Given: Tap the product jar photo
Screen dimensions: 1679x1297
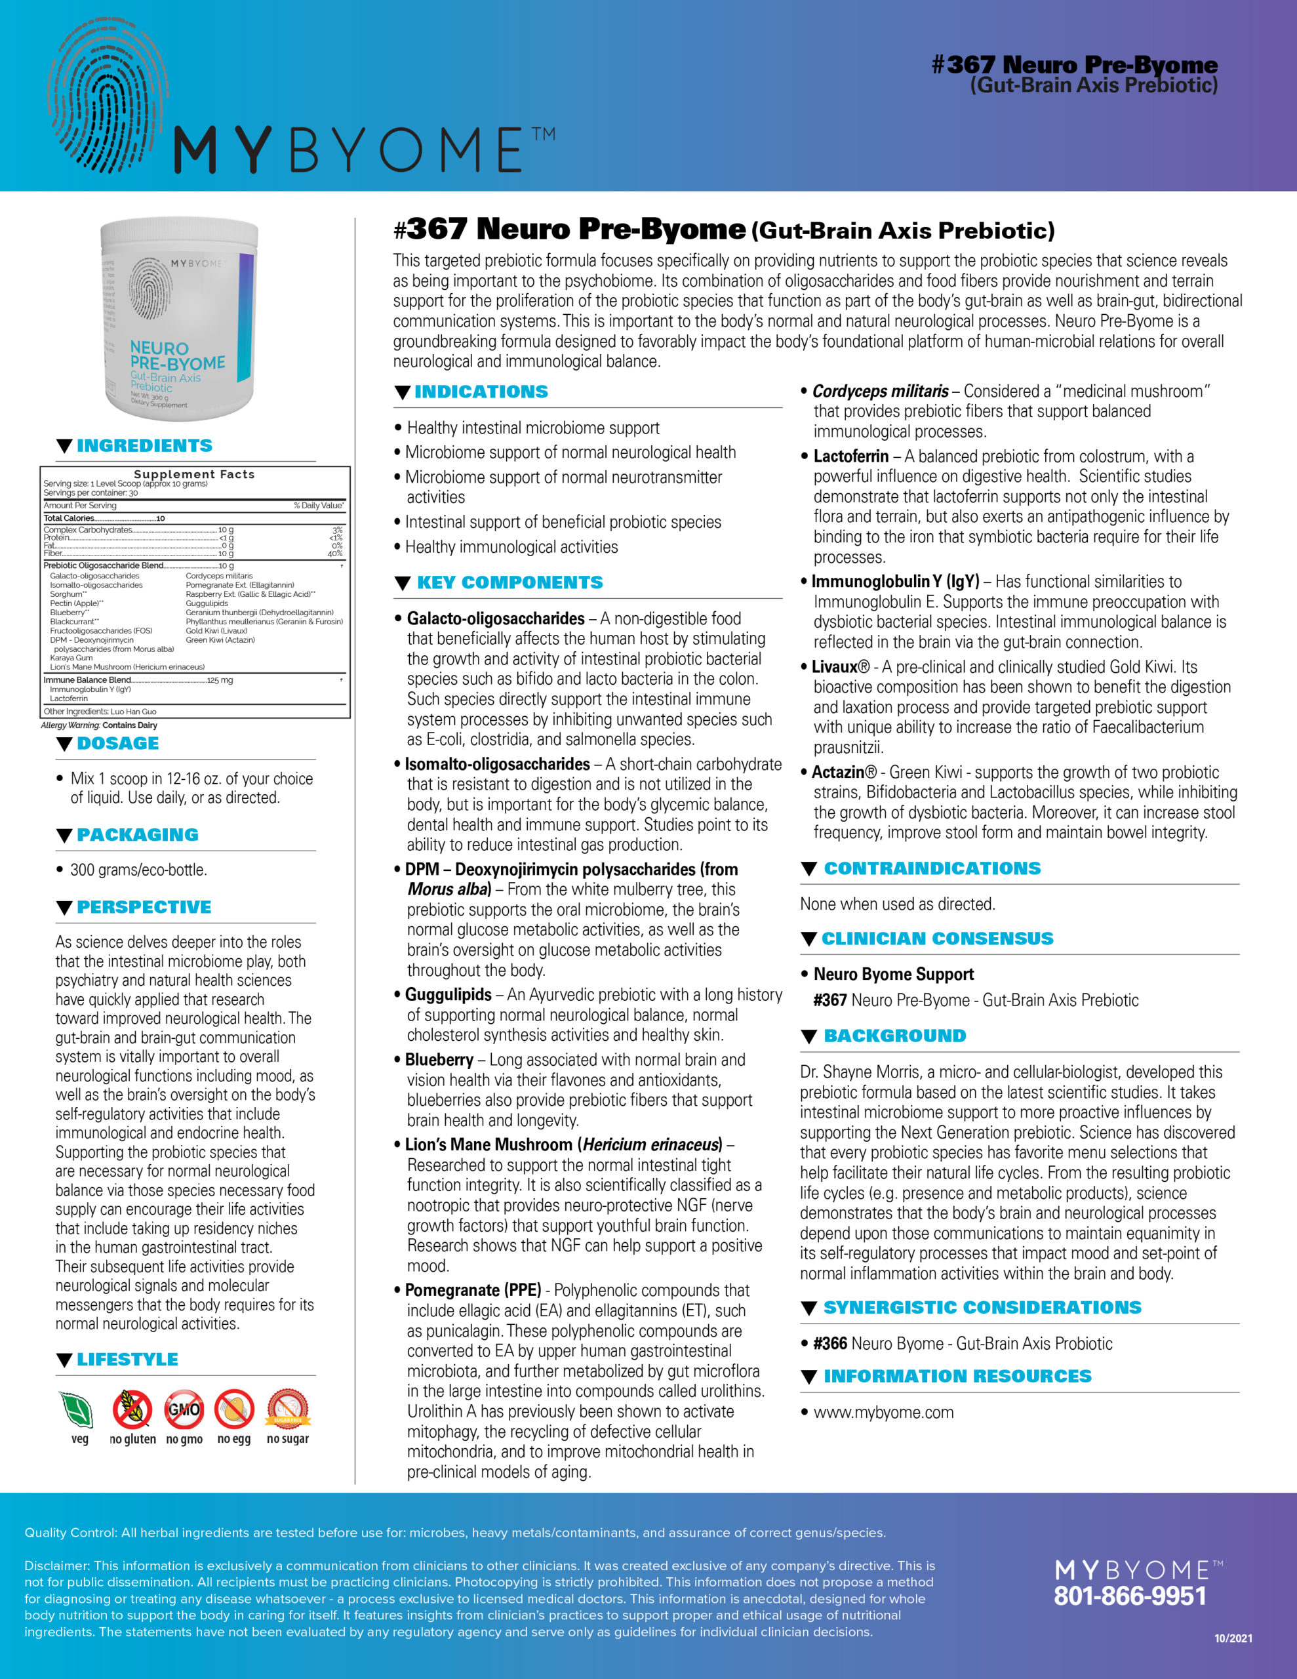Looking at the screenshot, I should [x=178, y=318].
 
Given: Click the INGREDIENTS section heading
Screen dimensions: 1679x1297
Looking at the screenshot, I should [x=144, y=446].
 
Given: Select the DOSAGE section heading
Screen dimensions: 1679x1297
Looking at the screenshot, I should [x=117, y=743].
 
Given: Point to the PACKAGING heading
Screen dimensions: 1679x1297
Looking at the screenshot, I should [x=138, y=835].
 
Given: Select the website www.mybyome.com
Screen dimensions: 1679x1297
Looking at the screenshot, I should [x=883, y=1412].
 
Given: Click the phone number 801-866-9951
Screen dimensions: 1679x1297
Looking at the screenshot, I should [x=1129, y=1597].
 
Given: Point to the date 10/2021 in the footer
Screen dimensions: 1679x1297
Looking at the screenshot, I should [x=1233, y=1638].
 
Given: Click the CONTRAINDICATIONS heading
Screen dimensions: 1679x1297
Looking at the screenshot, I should [x=932, y=869].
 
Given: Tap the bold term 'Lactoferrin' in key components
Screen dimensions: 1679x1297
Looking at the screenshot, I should [x=850, y=456].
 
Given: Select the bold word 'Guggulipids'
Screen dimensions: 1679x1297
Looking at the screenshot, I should [x=449, y=995].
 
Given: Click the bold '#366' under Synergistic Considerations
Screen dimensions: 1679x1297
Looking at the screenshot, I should [x=830, y=1344].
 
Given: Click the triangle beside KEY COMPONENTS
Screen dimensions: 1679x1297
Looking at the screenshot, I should [x=402, y=584].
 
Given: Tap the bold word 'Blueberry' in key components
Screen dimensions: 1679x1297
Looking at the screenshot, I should [x=439, y=1060].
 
